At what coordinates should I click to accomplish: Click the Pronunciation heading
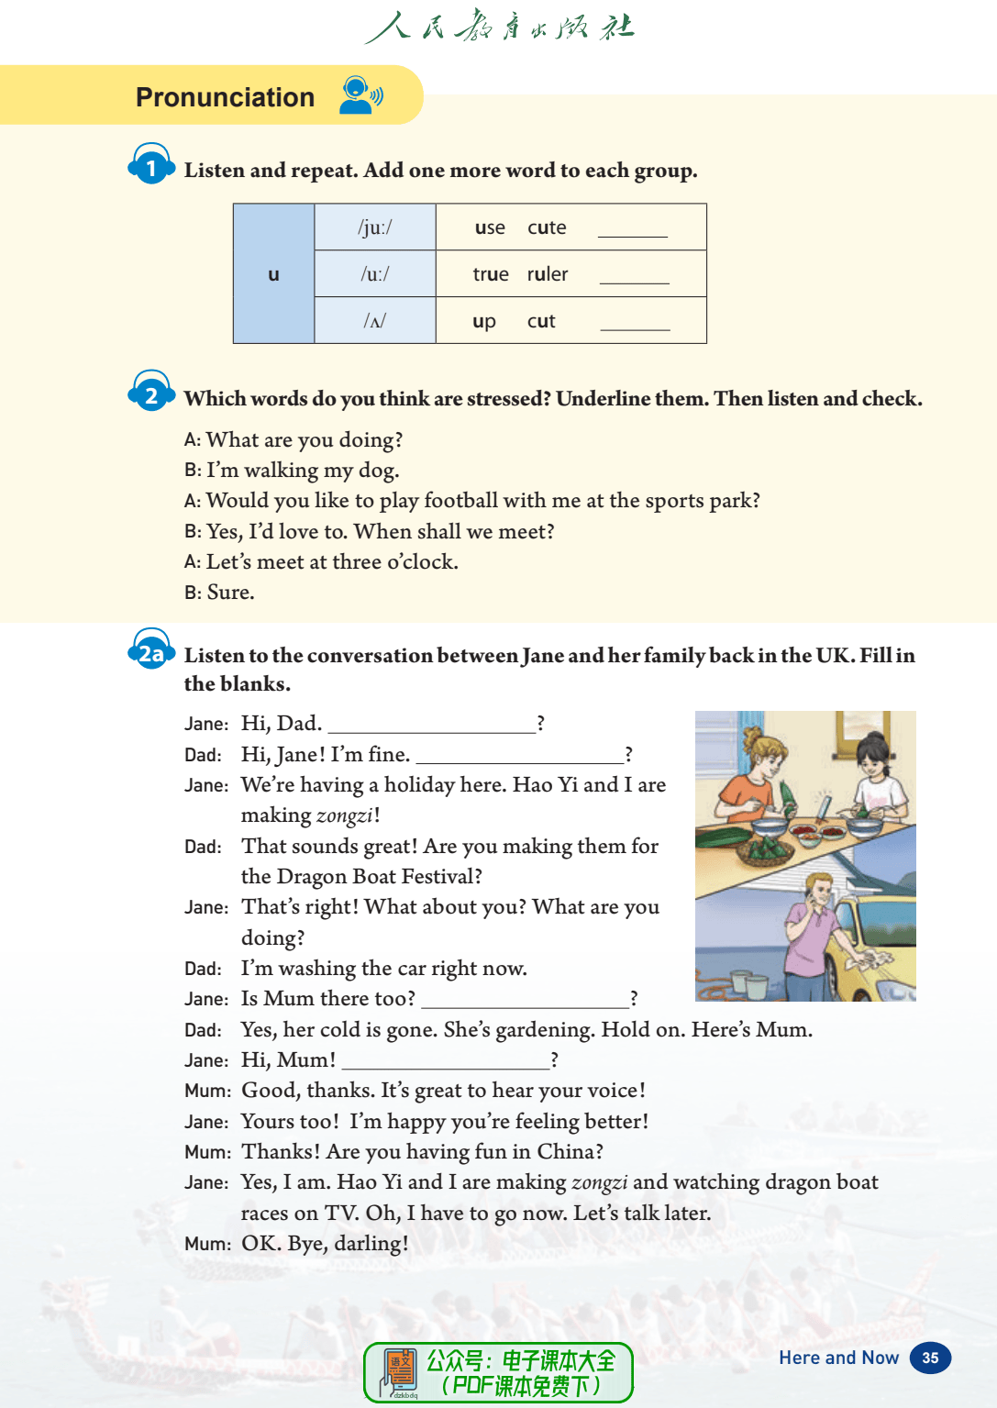(225, 97)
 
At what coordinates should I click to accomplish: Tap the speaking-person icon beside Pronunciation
(360, 95)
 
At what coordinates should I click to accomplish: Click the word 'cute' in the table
(547, 227)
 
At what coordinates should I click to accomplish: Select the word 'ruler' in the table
(548, 274)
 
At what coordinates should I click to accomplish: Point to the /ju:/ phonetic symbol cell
(374, 227)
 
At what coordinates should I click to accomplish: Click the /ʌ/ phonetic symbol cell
(374, 321)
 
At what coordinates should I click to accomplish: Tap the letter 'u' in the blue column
(273, 274)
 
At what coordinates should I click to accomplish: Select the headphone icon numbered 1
(151, 165)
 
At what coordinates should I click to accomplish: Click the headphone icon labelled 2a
(151, 650)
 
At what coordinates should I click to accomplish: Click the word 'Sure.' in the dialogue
(230, 593)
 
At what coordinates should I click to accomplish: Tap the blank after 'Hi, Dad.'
(431, 726)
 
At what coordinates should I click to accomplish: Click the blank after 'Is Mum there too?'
(525, 1001)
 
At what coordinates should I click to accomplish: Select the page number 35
(930, 1358)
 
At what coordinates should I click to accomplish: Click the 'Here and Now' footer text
(838, 1358)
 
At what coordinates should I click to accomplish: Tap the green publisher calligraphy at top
(499, 27)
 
